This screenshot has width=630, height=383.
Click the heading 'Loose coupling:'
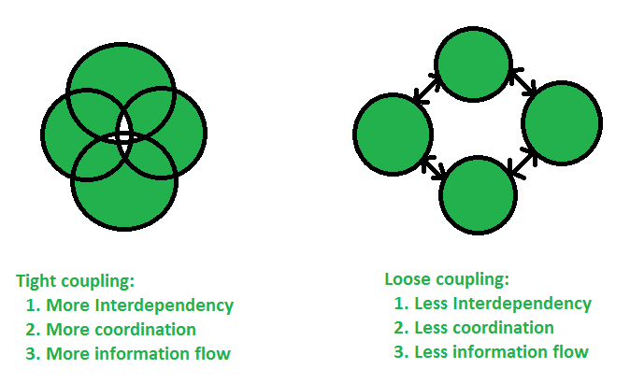click(446, 279)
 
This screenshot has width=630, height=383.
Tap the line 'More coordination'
click(121, 330)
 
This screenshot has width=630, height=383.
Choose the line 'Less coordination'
click(481, 328)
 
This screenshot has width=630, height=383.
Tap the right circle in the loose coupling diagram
click(561, 122)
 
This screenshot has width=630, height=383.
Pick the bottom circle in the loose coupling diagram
click(478, 195)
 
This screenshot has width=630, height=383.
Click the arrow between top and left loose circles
click(429, 91)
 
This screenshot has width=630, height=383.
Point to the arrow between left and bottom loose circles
click(433, 168)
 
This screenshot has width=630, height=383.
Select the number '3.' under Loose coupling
click(403, 352)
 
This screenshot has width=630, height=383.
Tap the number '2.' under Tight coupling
click(34, 330)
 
